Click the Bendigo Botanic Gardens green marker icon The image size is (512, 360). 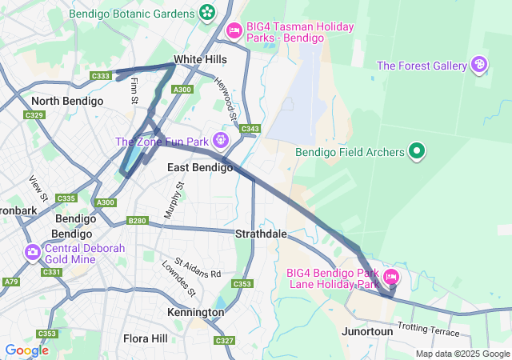pyautogui.click(x=207, y=13)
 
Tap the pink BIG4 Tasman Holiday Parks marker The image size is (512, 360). pyautogui.click(x=234, y=30)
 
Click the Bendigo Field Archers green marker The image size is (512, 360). pyautogui.click(x=417, y=150)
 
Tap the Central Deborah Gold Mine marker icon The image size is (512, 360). pyautogui.click(x=33, y=254)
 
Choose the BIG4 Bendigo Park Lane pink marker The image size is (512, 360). pyautogui.click(x=391, y=278)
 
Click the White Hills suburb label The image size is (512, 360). pyautogui.click(x=200, y=59)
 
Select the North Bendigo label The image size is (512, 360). pyautogui.click(x=67, y=101)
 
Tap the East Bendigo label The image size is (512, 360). pyautogui.click(x=200, y=167)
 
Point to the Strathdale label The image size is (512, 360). pyautogui.click(x=261, y=234)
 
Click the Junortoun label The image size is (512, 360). pyautogui.click(x=367, y=331)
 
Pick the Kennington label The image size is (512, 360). pyautogui.click(x=196, y=312)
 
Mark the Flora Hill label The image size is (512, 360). pyautogui.click(x=146, y=338)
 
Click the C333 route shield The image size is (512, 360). pyautogui.click(x=101, y=76)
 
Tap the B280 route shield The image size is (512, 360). pyautogui.click(x=138, y=221)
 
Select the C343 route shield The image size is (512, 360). pyautogui.click(x=250, y=129)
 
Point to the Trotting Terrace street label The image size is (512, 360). pyautogui.click(x=429, y=330)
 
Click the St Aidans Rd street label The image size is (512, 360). pyautogui.click(x=198, y=268)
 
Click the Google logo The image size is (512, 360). pyautogui.click(x=26, y=350)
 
